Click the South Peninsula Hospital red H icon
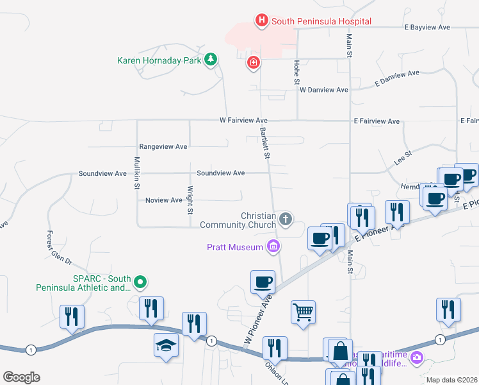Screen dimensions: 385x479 (261, 21)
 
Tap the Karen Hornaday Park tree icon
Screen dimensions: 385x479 (210, 60)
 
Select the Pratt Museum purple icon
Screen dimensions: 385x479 (273, 246)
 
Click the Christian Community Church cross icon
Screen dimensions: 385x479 (286, 220)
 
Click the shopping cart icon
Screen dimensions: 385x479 (304, 312)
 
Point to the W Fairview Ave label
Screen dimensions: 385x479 (243, 120)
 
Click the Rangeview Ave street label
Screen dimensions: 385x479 (163, 147)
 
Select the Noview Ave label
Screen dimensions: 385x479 (164, 200)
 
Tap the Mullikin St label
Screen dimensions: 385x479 (137, 173)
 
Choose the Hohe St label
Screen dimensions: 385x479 (297, 73)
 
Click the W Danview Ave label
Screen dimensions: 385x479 (323, 90)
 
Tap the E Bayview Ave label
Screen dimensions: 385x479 (427, 28)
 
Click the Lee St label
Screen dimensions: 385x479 (403, 157)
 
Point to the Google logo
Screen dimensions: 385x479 (21, 377)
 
